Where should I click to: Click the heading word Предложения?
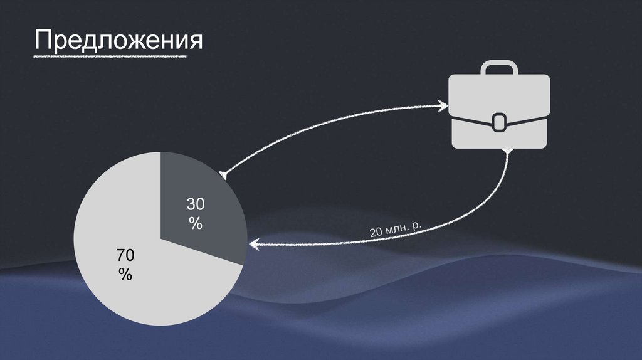(119, 41)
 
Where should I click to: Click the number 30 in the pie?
(196, 204)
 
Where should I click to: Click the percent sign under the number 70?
(125, 274)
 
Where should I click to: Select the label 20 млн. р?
(396, 229)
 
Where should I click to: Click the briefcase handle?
(500, 68)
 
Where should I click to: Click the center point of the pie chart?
(160, 238)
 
